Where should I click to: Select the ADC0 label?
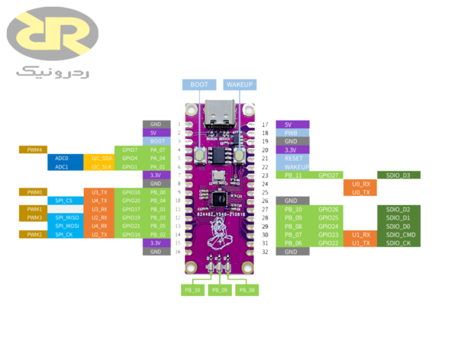[63, 158]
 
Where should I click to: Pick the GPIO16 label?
[128, 192]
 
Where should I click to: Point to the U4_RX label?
[99, 226]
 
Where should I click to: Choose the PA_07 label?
[156, 149]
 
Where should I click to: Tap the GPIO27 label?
[327, 175]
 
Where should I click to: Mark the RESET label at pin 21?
[295, 158]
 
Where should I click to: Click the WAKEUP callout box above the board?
[239, 84]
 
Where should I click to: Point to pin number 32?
[264, 251]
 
